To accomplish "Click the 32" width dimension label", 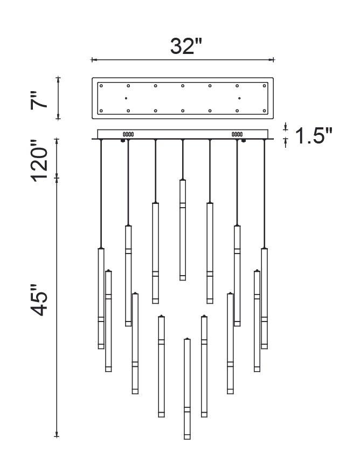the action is pos(186,46).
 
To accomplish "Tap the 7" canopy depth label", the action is pos(39,100).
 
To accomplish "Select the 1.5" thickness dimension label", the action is pos(314,136).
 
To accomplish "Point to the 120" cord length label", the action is pos(39,160).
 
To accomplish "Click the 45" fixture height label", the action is pos(39,300).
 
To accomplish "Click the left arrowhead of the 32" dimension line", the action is pos(93,60).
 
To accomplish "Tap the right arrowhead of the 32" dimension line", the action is pos(272,60).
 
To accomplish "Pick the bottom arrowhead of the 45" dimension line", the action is pos(57,435).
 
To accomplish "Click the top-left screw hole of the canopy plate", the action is pos(101,86).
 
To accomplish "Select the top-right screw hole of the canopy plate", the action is pos(264,86).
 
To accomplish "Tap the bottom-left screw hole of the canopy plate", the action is pos(101,111).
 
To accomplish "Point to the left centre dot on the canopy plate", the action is pos(126,98).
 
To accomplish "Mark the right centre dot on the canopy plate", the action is pos(239,98).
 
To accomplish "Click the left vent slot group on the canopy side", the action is pos(128,134).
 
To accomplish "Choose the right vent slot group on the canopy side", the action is pos(237,134).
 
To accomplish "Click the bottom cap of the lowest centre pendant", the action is pos(187,437).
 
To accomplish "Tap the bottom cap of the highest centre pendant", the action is pos(183,278).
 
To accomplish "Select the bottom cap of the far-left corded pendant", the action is pos(101,346).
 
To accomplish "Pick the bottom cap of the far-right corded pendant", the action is pos(264,346).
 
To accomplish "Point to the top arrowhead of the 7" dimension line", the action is pos(58,79).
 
